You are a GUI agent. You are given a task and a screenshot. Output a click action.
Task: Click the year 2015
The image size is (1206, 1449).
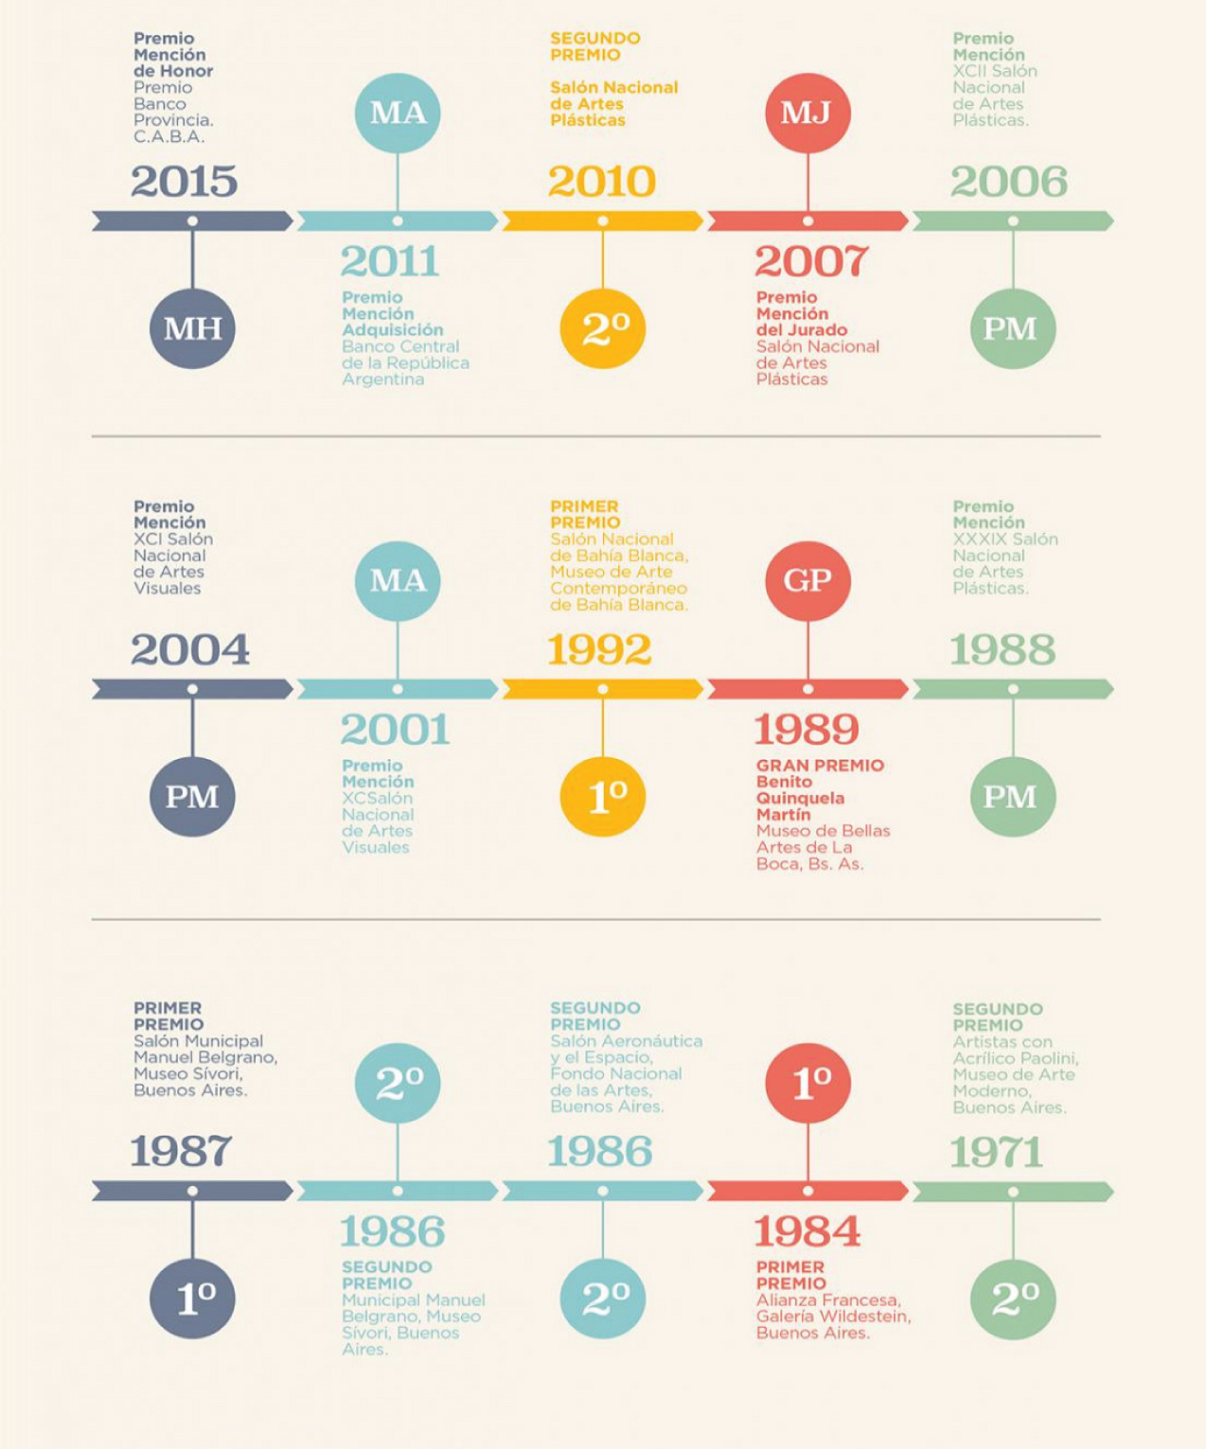[184, 181]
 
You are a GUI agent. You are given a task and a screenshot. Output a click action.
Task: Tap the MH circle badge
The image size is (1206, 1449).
[192, 328]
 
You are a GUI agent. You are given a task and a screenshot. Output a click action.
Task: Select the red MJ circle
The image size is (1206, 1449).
[807, 114]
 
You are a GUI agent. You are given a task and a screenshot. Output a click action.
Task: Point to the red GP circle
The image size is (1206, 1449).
[807, 581]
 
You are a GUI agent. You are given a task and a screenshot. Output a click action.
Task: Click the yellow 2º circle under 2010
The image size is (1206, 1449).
[603, 328]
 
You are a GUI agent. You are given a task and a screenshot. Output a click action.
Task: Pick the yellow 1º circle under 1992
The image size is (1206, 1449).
[603, 796]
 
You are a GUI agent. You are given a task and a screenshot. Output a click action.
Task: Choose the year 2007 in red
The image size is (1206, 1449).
[811, 261]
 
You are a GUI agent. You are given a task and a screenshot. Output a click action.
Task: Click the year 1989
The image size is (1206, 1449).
[807, 730]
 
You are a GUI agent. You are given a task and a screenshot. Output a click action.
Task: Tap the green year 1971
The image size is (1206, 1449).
[996, 1153]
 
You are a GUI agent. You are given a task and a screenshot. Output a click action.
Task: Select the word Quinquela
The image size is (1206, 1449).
[800, 798]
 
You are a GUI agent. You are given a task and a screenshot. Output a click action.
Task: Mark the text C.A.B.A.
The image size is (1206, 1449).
[168, 136]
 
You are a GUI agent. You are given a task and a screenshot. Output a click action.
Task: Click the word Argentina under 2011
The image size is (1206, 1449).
[382, 380]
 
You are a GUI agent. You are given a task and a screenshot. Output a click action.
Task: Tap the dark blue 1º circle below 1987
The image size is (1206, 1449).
[192, 1299]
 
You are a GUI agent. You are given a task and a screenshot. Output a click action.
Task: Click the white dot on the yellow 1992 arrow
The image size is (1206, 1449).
[603, 689]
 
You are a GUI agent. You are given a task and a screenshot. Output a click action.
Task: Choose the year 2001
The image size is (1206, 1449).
[395, 730]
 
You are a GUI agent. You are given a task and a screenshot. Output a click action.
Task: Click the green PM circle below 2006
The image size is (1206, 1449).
[1013, 328]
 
